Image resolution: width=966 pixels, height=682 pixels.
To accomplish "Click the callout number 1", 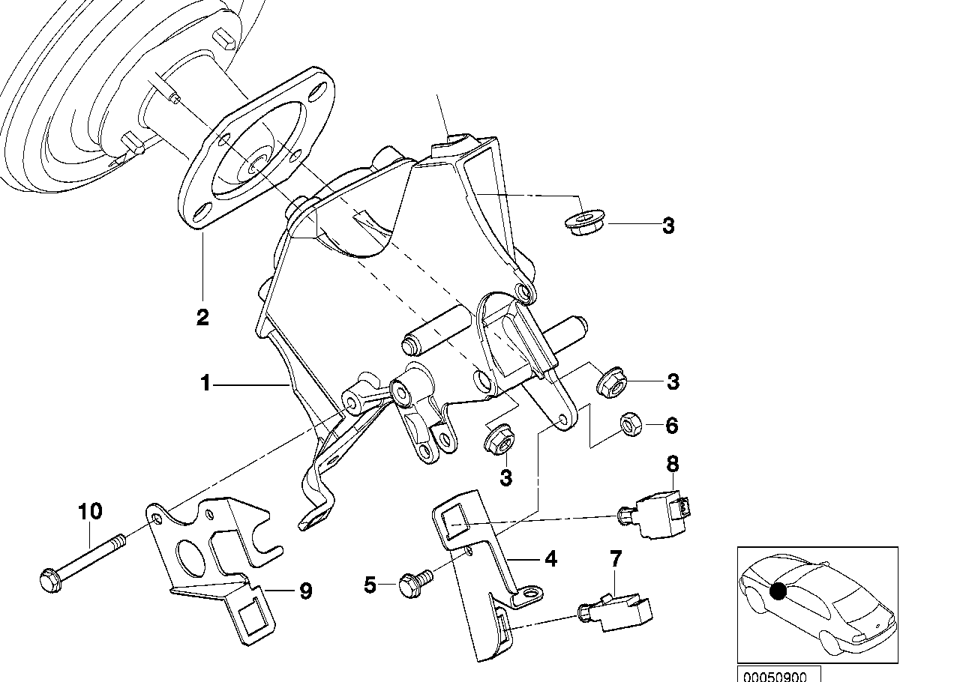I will point(205,384).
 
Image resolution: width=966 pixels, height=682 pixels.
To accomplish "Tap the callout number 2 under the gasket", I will point(202,317).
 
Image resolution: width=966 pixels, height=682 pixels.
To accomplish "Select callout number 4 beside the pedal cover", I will point(550,559).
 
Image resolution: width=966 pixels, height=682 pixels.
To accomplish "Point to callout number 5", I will point(370,585).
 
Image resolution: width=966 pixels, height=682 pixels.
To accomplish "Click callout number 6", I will point(671,426).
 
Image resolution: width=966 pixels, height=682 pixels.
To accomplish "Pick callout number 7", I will point(616,558).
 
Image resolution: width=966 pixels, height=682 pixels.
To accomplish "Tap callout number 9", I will point(305,591).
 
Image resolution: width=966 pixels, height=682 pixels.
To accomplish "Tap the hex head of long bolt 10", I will point(49,579).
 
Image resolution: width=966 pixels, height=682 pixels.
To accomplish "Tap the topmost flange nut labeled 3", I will point(580,223).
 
